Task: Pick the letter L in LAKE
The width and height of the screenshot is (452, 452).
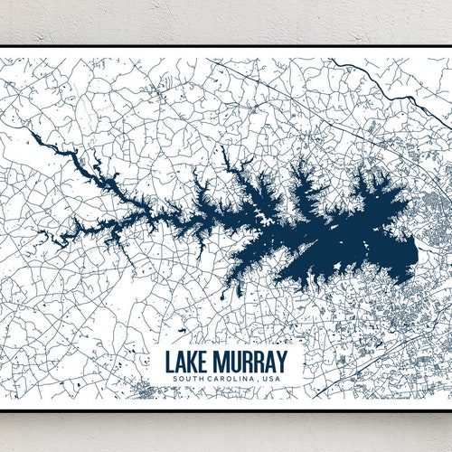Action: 170,361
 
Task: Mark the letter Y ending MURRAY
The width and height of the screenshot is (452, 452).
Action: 283,361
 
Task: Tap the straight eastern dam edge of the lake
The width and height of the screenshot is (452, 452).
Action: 415,253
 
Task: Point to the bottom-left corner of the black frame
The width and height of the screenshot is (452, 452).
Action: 2,410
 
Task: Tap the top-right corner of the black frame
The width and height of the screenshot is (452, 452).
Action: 449,46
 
